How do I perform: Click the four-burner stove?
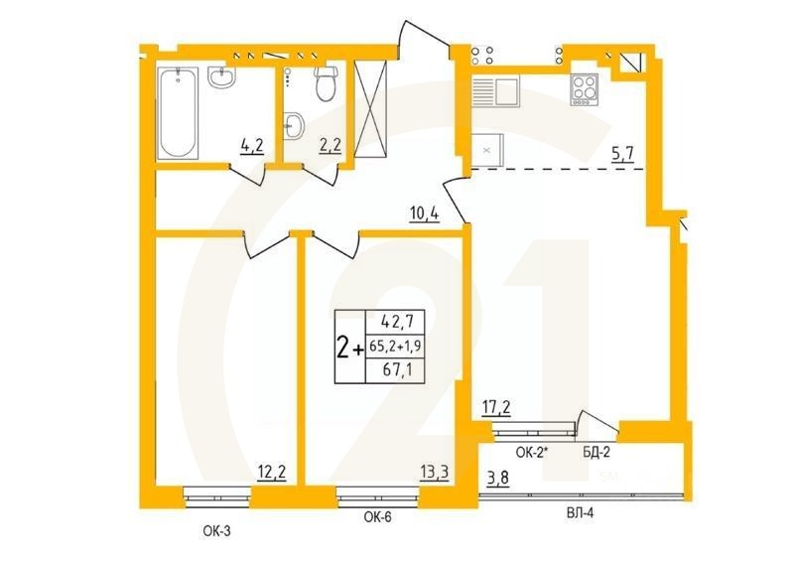[585, 90]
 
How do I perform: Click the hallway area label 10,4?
[425, 211]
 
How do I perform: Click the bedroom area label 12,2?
[272, 473]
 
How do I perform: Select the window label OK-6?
[377, 516]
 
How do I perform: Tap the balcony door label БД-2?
[596, 453]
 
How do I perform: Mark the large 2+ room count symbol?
[348, 348]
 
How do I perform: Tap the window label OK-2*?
[534, 453]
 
